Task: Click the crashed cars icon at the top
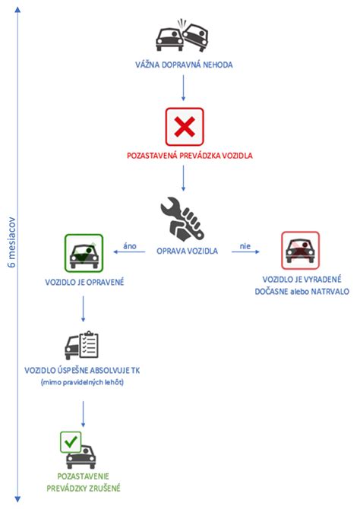[182, 34]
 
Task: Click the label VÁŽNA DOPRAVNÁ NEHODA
[182, 65]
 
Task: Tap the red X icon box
[182, 127]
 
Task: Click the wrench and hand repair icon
[183, 217]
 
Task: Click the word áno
[130, 245]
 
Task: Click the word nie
[245, 245]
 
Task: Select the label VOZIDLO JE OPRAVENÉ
[84, 283]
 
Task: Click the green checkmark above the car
[70, 440]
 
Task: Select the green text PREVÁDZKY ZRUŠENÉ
[84, 488]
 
